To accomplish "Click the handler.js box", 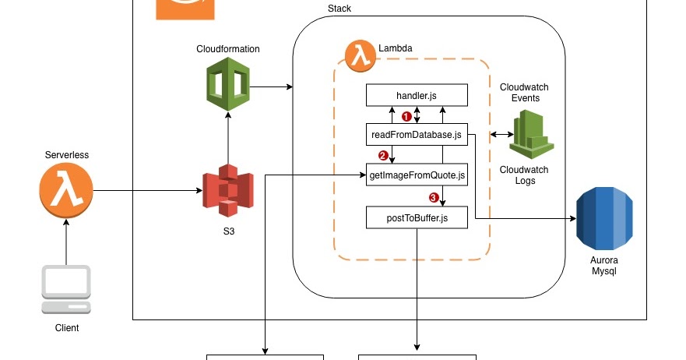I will coord(417,95).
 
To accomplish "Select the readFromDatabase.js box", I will coord(417,134).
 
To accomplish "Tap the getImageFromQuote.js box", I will coord(417,175).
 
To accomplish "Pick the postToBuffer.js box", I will coord(417,217).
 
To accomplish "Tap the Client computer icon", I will coord(66,289).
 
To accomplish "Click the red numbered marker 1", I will coord(406,117).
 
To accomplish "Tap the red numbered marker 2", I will coord(382,155).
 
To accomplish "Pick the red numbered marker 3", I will coord(434,197).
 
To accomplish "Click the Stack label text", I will coord(339,9).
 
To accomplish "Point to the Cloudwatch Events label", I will coord(519,93).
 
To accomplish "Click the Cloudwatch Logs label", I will coord(523,175).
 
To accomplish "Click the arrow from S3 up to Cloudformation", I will coord(227,136).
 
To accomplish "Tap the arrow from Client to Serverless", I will coord(66,242).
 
